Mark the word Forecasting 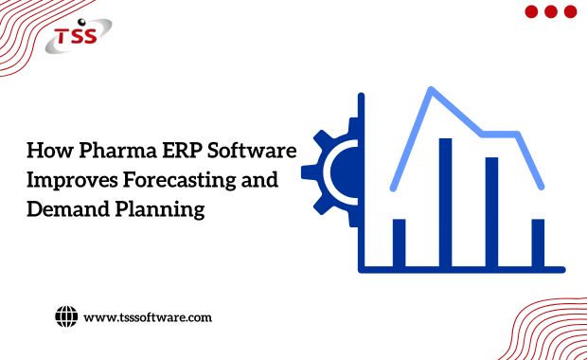(x=181, y=181)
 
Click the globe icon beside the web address (x=65, y=316)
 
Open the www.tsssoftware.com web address (x=148, y=317)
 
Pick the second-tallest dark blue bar (x=491, y=211)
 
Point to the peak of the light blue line (x=432, y=90)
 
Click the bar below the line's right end (x=538, y=242)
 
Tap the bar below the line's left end (x=399, y=242)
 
